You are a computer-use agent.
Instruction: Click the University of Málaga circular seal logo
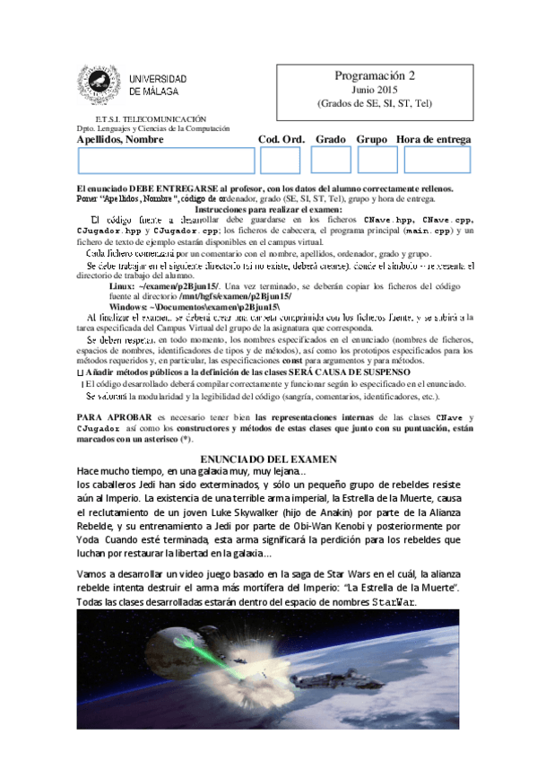click(x=99, y=85)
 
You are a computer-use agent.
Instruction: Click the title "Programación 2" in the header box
click(x=375, y=76)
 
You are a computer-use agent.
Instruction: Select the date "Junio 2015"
click(x=375, y=91)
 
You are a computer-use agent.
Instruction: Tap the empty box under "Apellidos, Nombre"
click(x=166, y=160)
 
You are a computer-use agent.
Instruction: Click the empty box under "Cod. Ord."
click(x=280, y=160)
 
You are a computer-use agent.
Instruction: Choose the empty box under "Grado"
click(x=331, y=160)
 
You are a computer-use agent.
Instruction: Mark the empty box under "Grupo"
click(x=377, y=160)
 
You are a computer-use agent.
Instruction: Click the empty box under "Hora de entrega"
click(x=437, y=160)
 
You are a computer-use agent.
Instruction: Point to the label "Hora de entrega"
click(x=433, y=139)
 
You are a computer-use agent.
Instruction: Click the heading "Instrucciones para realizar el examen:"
click(x=270, y=208)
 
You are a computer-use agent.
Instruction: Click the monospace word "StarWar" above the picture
click(x=394, y=601)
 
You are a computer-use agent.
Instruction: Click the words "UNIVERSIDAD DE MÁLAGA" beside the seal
click(x=158, y=85)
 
